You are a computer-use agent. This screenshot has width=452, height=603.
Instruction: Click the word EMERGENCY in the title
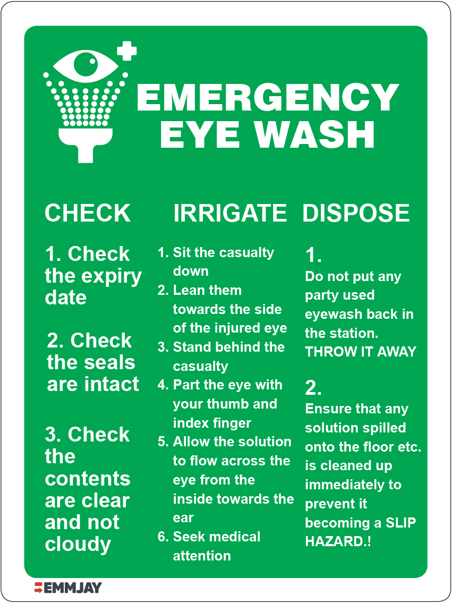click(x=267, y=98)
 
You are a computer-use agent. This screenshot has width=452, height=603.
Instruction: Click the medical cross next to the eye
click(x=126, y=51)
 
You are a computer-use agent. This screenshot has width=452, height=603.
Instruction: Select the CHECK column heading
click(x=88, y=213)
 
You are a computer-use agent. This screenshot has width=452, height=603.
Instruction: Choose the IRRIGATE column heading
click(x=230, y=213)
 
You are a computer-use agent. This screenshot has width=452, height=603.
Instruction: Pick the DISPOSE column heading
click(x=356, y=213)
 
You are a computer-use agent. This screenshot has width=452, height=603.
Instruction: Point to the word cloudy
click(x=78, y=544)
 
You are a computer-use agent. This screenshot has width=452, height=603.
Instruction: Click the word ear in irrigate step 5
click(x=183, y=518)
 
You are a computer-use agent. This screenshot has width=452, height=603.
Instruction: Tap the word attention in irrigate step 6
click(x=202, y=556)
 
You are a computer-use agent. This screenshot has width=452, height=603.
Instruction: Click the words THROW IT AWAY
click(x=361, y=352)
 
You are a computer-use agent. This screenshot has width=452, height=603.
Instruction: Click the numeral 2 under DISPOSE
click(x=313, y=389)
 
